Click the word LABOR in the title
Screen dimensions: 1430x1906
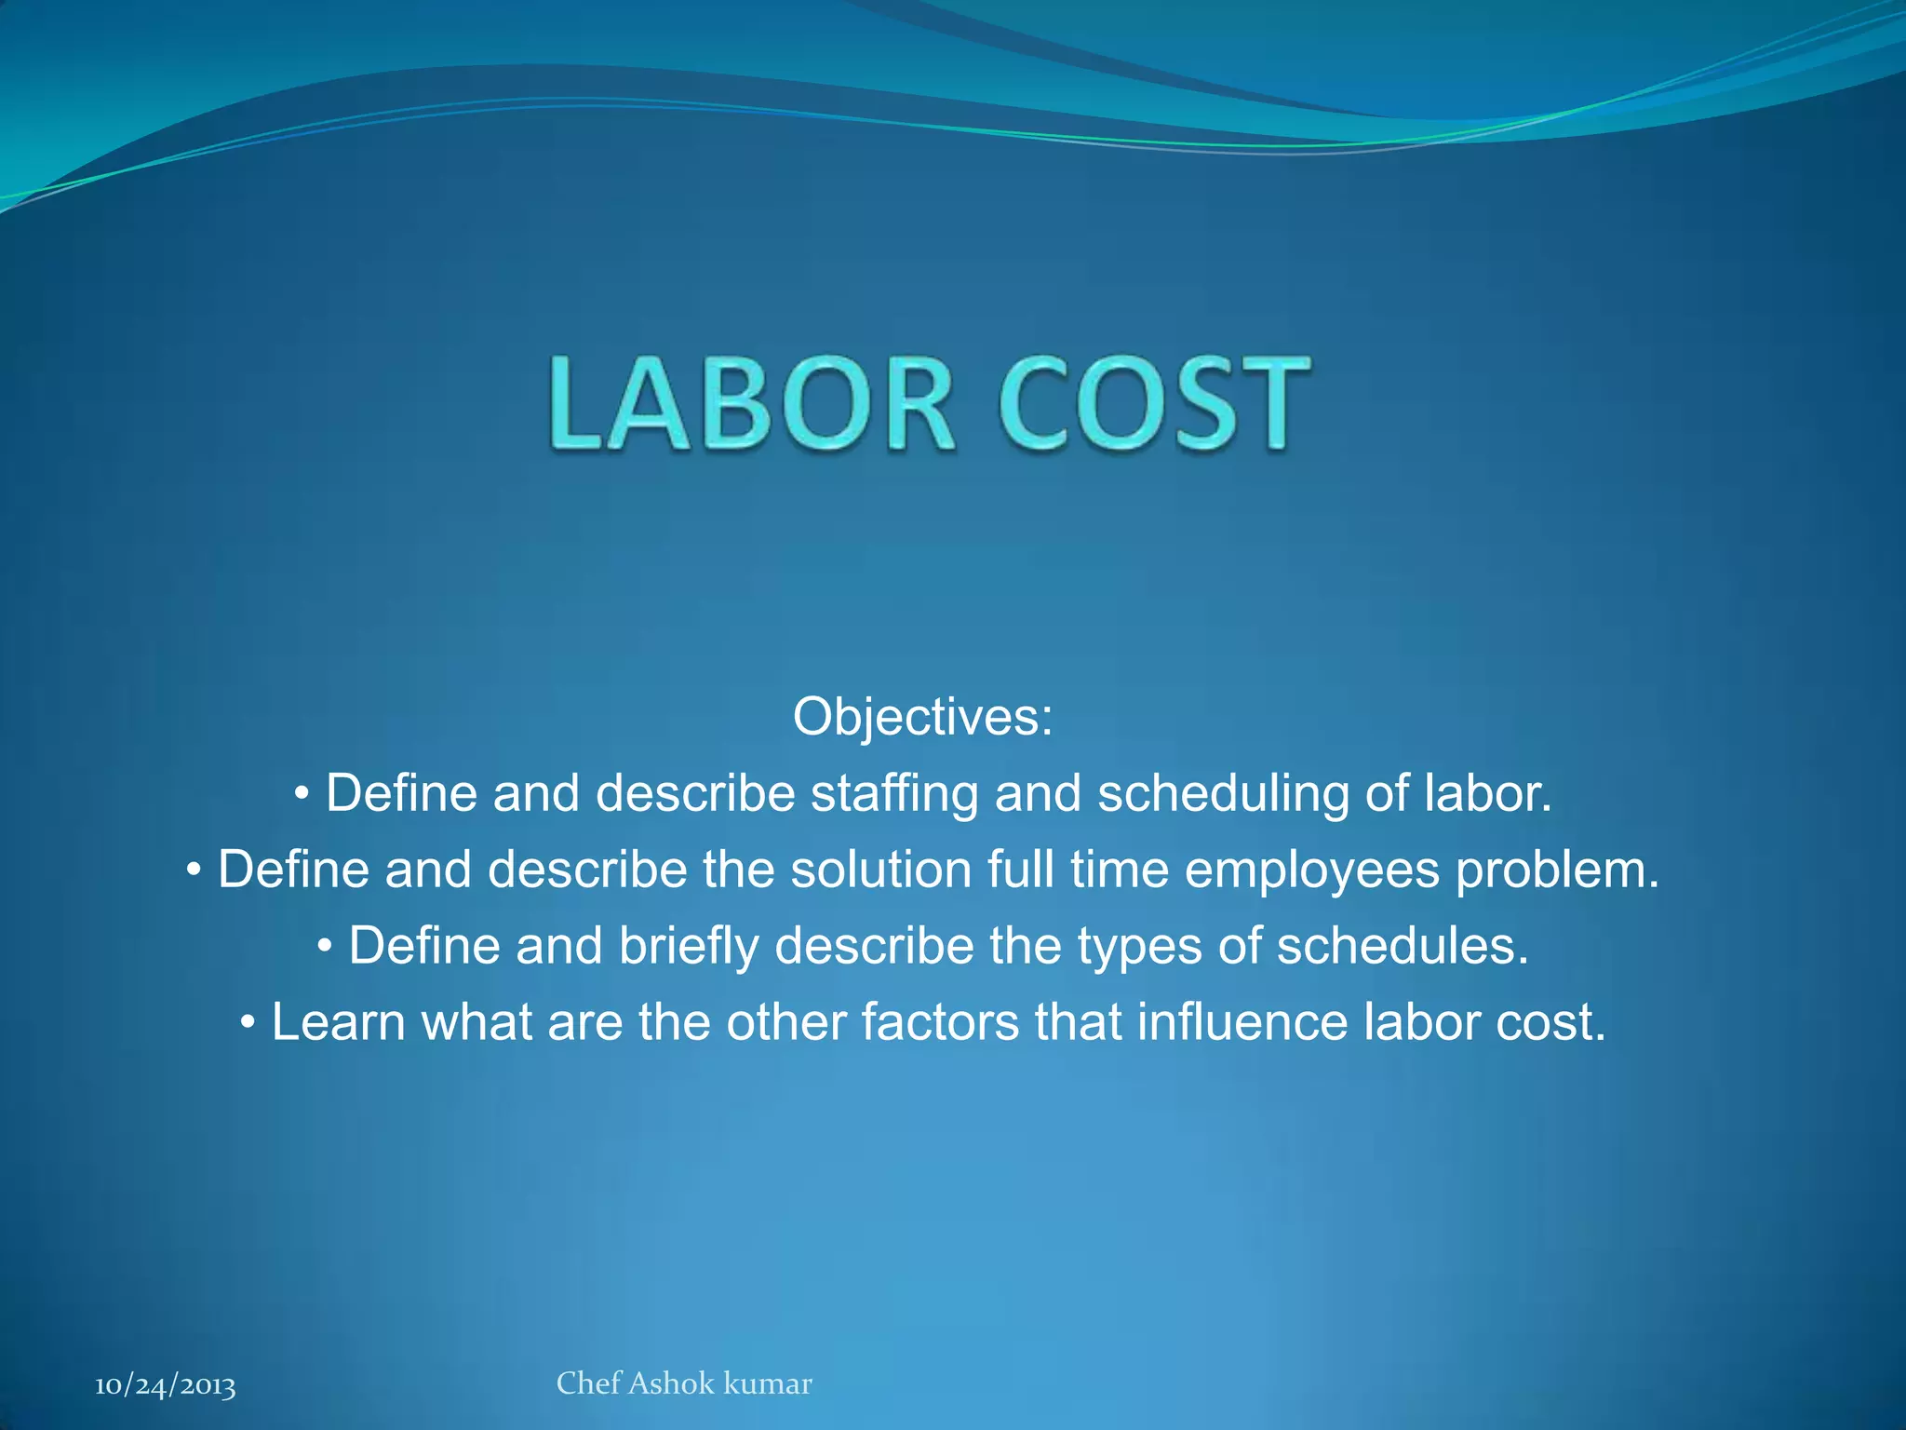750,404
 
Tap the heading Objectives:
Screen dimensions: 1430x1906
922,717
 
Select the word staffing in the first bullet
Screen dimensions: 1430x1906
894,794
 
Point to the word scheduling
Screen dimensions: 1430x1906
1223,794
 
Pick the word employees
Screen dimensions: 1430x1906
1311,870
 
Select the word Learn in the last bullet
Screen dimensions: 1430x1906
338,1022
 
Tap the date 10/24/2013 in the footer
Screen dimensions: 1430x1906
165,1385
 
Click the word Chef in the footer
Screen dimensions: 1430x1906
588,1383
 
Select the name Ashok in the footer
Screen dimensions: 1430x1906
672,1383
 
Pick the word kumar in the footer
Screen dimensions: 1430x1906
768,1383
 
